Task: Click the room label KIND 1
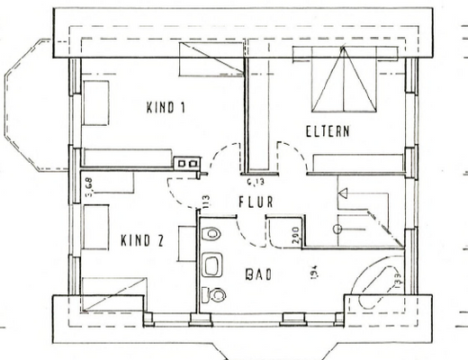165,108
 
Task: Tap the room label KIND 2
141,241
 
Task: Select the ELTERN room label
327,131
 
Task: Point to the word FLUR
255,203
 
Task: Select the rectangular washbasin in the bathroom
213,266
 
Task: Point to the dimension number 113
206,200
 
